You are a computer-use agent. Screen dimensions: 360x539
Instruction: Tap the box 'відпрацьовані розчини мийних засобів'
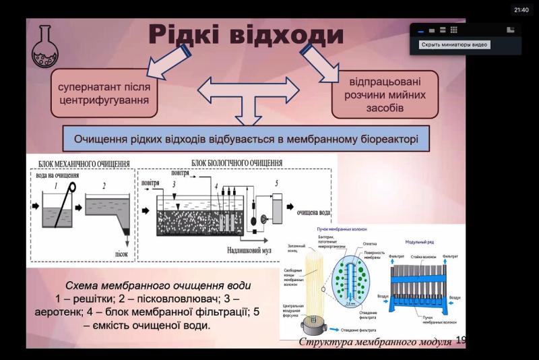coord(385,95)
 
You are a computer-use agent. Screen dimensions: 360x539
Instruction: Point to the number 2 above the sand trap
coord(104,185)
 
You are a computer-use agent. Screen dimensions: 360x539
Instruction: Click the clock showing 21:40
coord(521,9)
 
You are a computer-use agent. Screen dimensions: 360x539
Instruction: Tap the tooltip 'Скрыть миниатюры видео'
coord(454,45)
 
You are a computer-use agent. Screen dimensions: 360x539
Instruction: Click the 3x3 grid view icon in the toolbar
coord(454,30)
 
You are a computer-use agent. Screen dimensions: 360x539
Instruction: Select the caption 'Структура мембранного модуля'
coord(375,342)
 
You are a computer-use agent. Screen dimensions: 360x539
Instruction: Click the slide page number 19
coord(461,340)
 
